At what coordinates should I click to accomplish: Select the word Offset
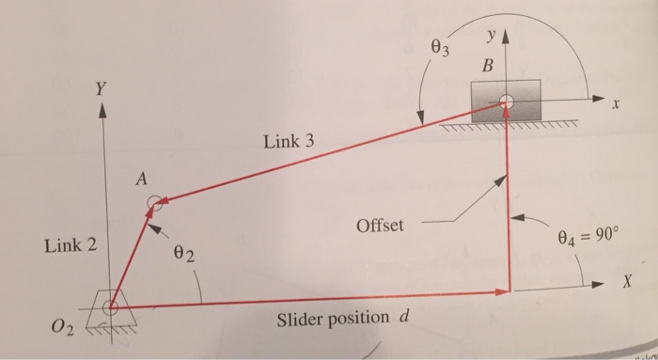[x=380, y=226]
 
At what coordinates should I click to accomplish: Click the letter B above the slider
[x=486, y=67]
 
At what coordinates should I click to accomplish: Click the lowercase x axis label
[x=617, y=107]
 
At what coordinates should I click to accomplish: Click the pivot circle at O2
[x=111, y=305]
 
